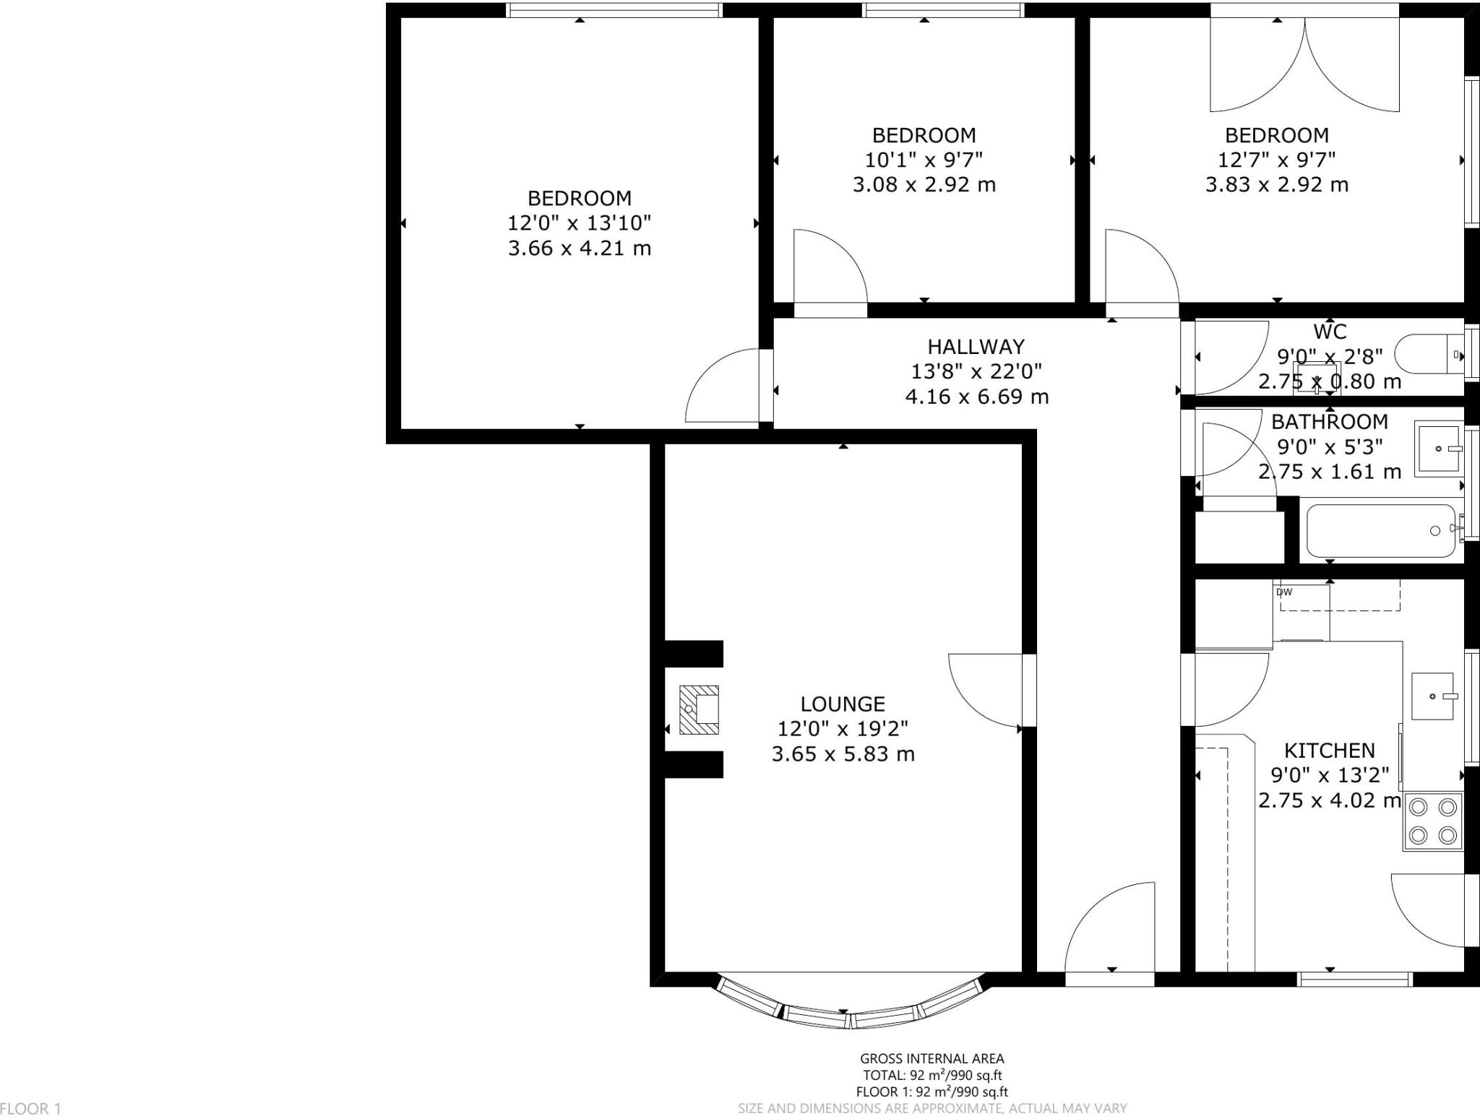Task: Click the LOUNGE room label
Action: click(843, 704)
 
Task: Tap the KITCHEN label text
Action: click(1329, 750)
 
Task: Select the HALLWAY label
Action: click(976, 346)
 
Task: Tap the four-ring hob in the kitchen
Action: click(1432, 821)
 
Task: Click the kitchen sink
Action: click(1432, 696)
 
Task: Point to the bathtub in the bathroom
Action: click(1380, 531)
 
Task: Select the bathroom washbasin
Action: click(1437, 449)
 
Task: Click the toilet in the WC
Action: click(1427, 355)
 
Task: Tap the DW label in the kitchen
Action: click(1284, 592)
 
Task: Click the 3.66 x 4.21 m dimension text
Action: click(579, 249)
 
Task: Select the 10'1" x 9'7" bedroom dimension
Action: click(924, 160)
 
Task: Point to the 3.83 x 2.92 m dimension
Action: click(1276, 185)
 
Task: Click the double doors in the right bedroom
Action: click(1305, 65)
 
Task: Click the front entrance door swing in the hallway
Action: click(1110, 932)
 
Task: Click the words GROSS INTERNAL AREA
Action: click(932, 1059)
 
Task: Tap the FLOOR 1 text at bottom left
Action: click(31, 1108)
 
